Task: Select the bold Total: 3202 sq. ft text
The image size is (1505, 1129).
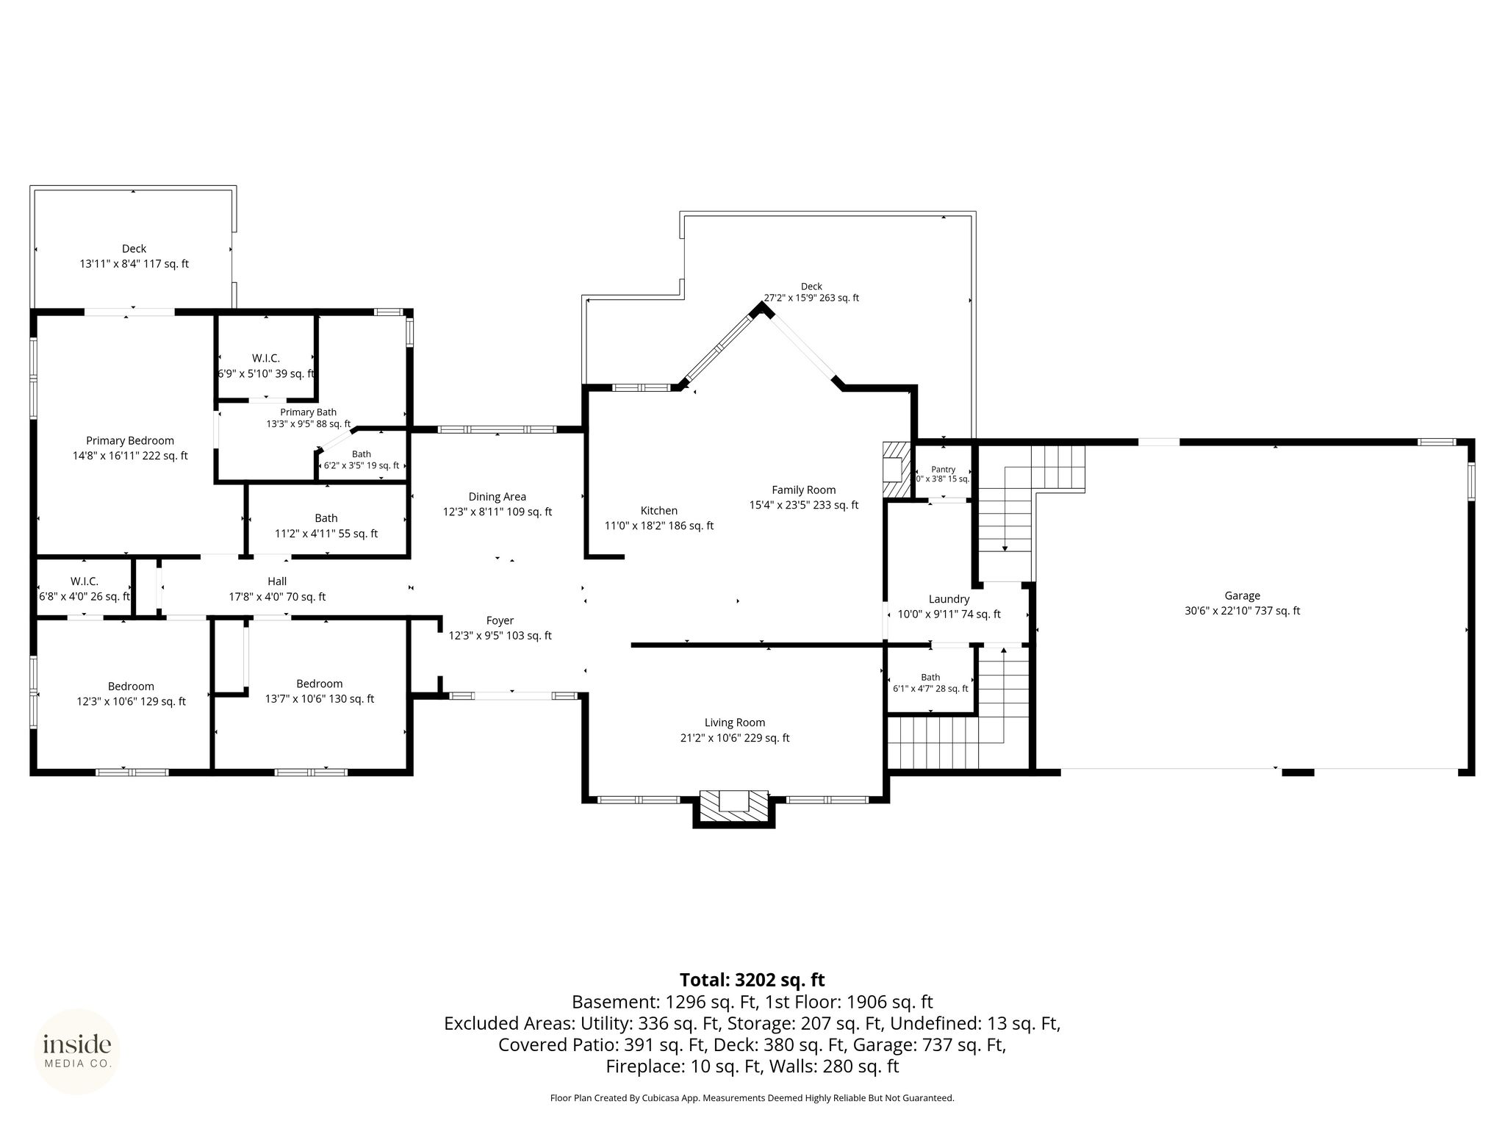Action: [752, 980]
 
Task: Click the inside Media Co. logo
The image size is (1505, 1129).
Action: [77, 1051]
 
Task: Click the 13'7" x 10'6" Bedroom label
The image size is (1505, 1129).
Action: [320, 692]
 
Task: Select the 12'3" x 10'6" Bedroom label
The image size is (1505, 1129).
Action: [132, 694]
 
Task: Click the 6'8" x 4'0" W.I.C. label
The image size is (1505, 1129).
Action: [85, 589]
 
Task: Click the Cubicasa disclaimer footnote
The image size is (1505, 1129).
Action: [752, 1098]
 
